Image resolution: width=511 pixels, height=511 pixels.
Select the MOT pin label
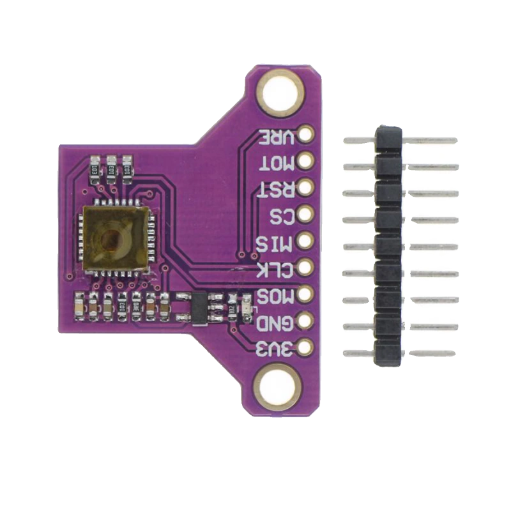click(x=278, y=162)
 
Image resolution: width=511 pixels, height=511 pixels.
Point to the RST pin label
click(x=278, y=188)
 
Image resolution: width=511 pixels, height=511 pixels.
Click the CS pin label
click(x=284, y=215)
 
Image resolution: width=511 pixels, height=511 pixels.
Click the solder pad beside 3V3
click(x=306, y=348)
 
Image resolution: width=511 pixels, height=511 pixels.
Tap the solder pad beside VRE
click(x=306, y=135)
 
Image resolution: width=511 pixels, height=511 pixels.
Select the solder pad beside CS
click(x=306, y=215)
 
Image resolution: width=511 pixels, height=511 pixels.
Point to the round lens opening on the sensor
click(x=112, y=241)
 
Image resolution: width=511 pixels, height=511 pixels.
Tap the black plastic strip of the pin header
click(x=389, y=246)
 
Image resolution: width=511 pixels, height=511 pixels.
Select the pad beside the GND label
click(x=306, y=321)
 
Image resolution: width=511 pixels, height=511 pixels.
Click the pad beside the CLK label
click(x=306, y=268)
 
